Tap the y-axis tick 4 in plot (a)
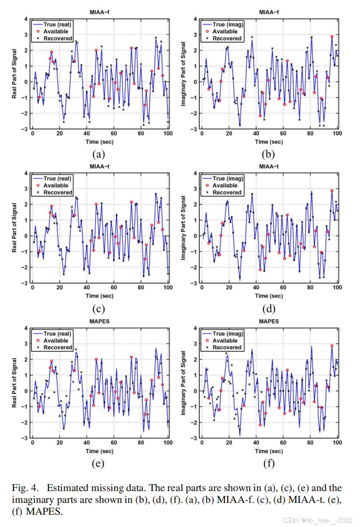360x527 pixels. click(26, 19)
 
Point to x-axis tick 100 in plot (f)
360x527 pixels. click(337, 443)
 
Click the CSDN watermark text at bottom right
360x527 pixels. click(317, 520)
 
